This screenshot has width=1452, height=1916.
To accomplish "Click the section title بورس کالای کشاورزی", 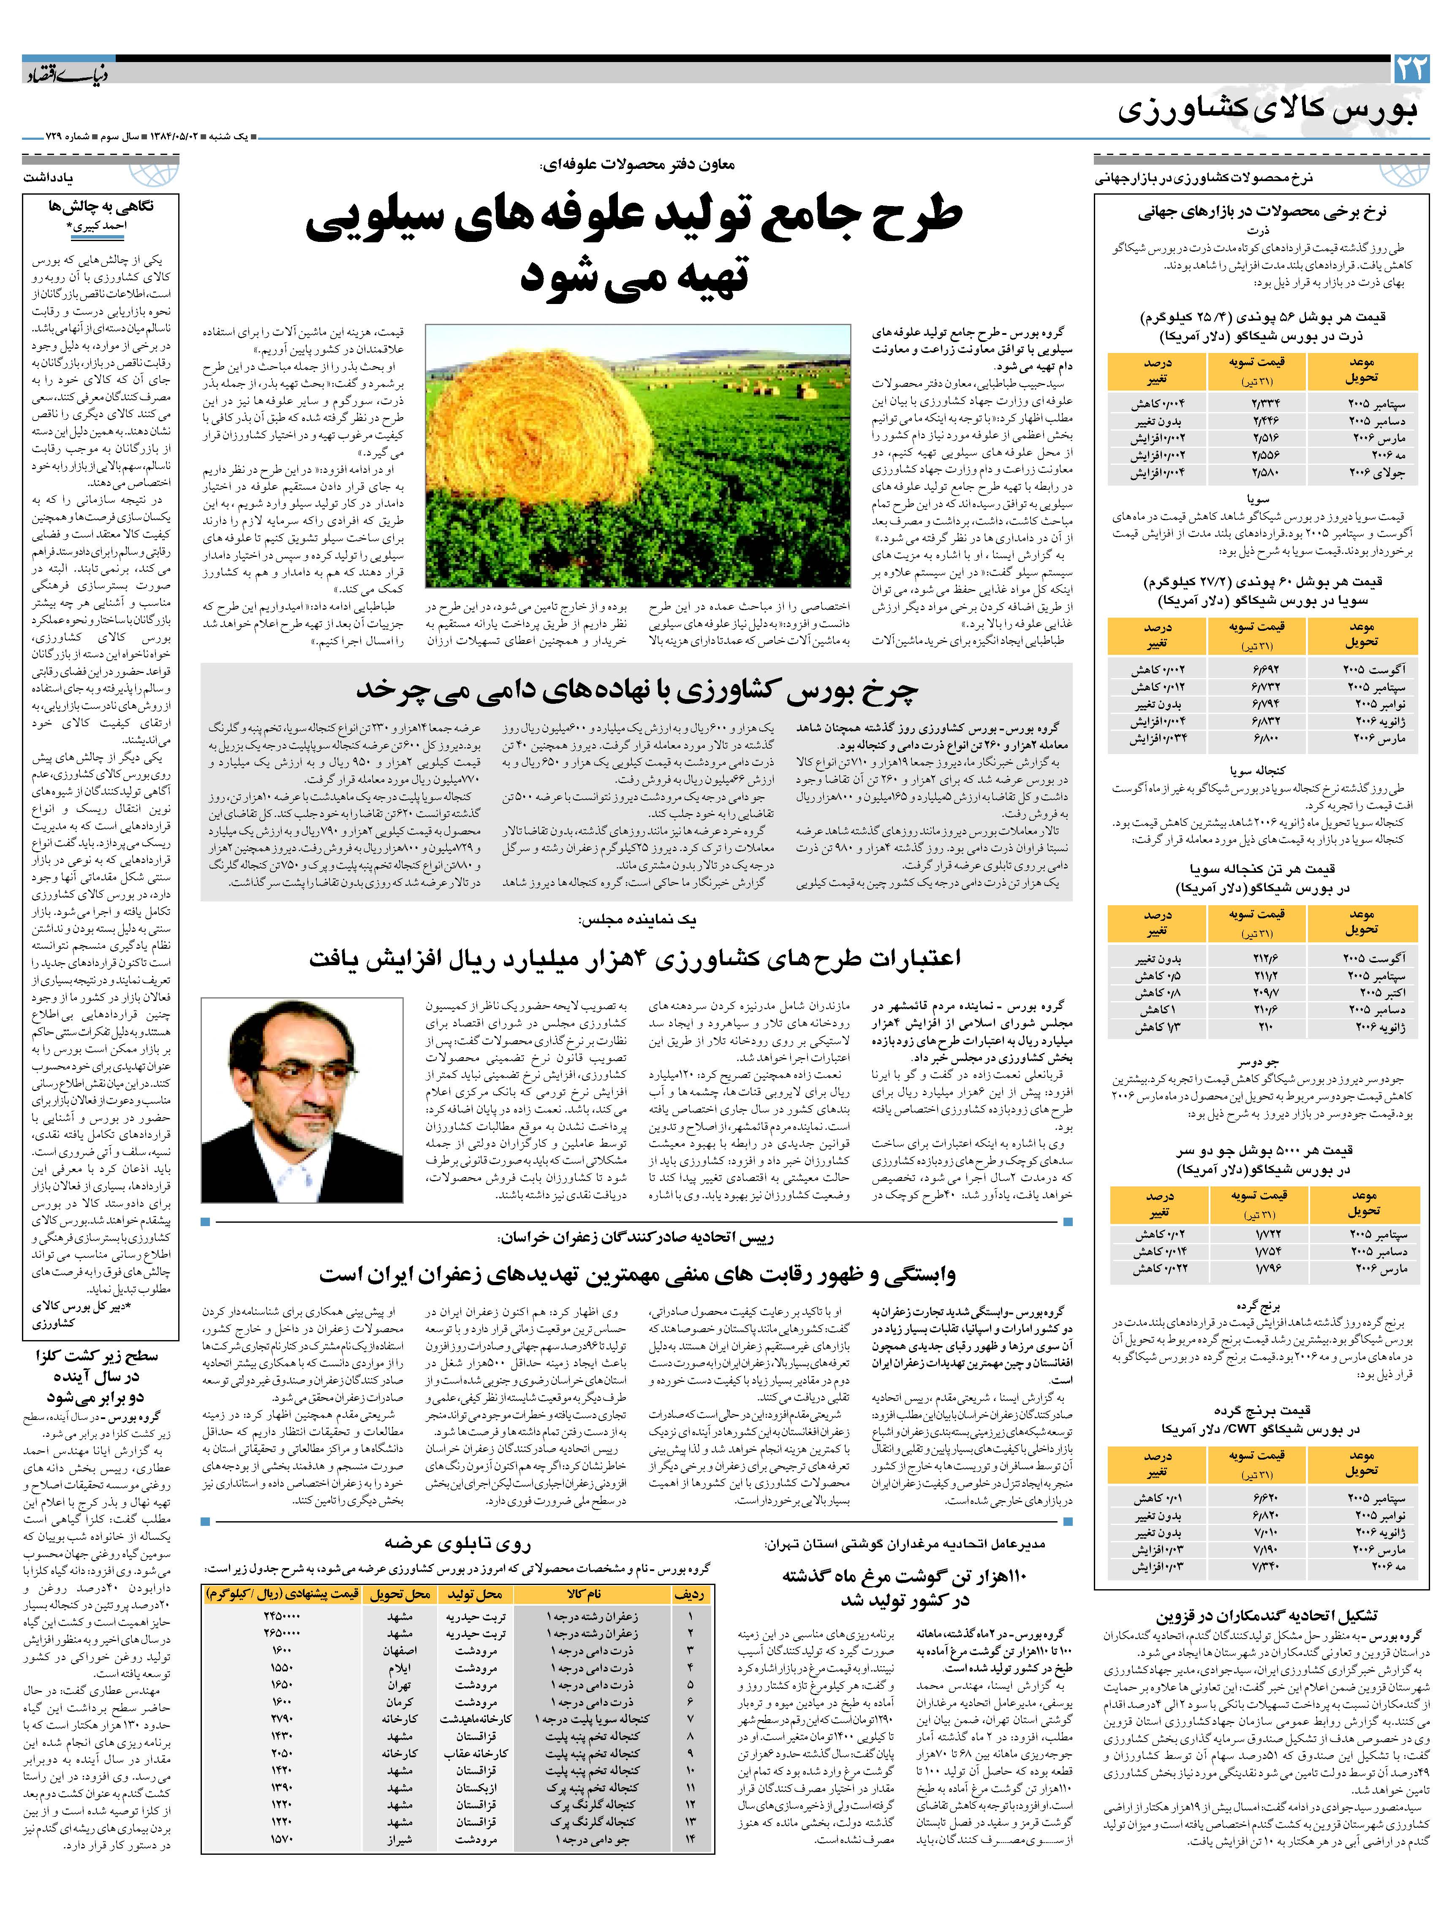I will [x=1269, y=111].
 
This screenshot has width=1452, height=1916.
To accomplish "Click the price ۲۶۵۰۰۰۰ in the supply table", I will [x=283, y=1634].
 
